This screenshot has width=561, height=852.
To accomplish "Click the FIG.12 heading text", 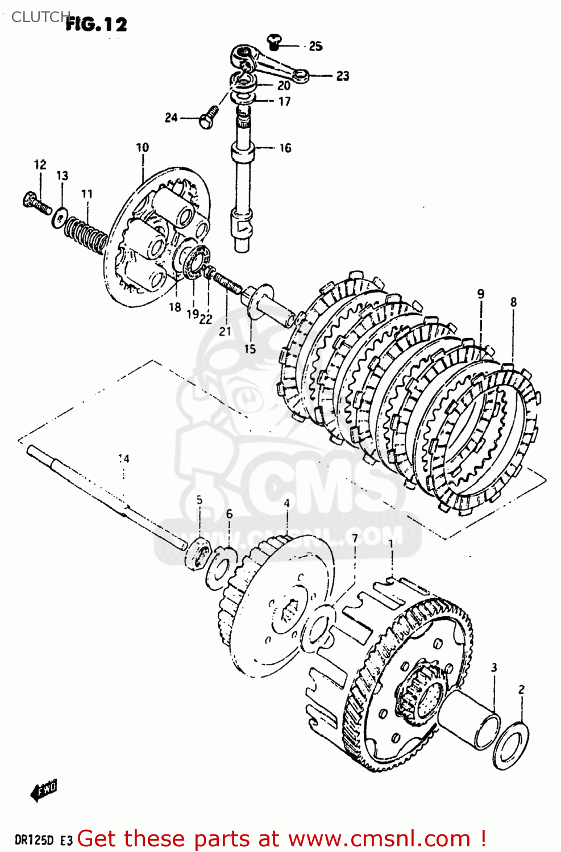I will pyautogui.click(x=96, y=24).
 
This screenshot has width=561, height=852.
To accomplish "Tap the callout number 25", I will pyautogui.click(x=315, y=46).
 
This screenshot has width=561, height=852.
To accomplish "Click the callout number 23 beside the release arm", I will pyautogui.click(x=342, y=76).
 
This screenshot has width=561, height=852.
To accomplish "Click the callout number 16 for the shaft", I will pyautogui.click(x=285, y=148).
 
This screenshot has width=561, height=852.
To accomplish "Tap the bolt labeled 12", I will pyautogui.click(x=36, y=203).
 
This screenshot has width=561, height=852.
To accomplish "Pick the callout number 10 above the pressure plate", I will pyautogui.click(x=142, y=148).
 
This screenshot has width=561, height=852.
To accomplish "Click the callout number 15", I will pyautogui.click(x=250, y=349).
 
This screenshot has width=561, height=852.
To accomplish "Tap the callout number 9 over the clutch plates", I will pyautogui.click(x=481, y=294).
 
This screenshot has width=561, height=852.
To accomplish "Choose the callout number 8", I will pyautogui.click(x=513, y=302).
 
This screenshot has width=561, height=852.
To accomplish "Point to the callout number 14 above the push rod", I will pyautogui.click(x=123, y=458).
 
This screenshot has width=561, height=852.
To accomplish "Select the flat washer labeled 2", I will pyautogui.click(x=510, y=745).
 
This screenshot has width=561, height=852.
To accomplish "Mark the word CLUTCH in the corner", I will pyautogui.click(x=40, y=17).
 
